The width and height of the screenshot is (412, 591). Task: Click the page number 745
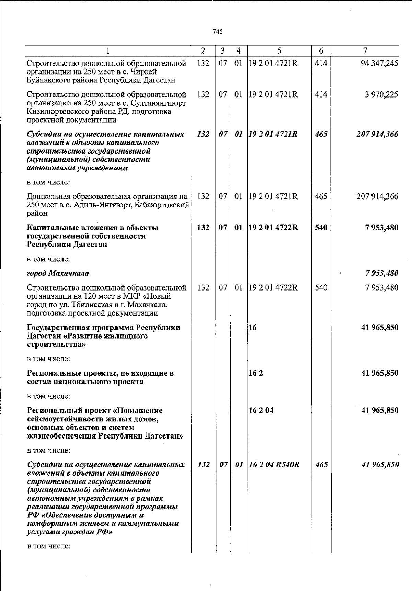(x=218, y=32)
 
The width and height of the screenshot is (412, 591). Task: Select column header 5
(x=279, y=51)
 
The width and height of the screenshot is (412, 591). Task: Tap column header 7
(x=365, y=51)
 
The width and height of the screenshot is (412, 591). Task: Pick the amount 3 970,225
(x=381, y=94)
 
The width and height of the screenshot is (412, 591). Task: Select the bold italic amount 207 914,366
(x=377, y=134)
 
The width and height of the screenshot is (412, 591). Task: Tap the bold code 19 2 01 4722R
(x=273, y=228)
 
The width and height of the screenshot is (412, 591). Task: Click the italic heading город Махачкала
(x=58, y=273)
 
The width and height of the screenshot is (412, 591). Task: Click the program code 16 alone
(x=253, y=327)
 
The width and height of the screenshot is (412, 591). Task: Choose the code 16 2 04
(x=261, y=410)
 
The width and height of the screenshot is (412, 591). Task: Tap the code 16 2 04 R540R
(x=274, y=465)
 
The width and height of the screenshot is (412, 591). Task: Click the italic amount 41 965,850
(x=380, y=465)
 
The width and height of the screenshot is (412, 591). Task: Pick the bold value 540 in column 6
(x=321, y=228)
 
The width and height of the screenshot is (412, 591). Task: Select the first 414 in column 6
(x=321, y=64)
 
